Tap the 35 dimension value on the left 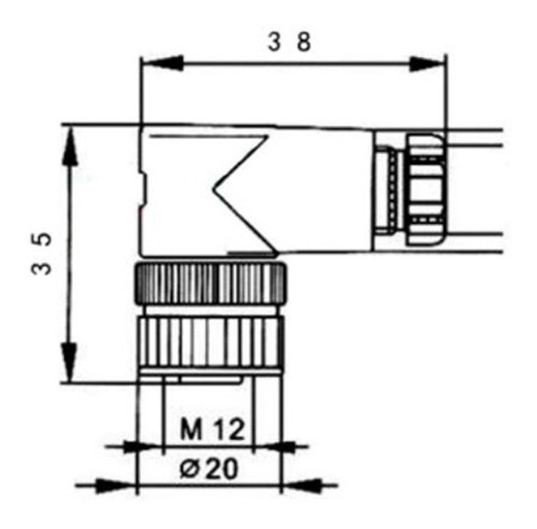click(x=42, y=258)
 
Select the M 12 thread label click(x=211, y=428)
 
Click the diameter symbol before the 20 click(x=188, y=470)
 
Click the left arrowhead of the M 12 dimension click(x=146, y=446)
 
